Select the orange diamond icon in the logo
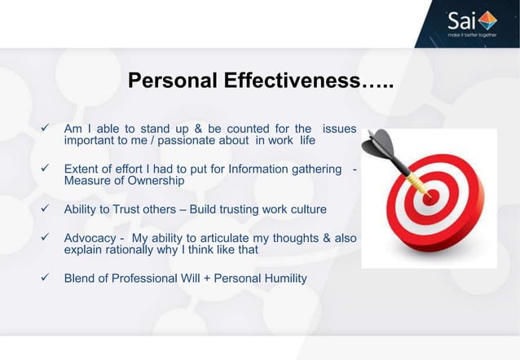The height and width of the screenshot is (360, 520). pyautogui.click(x=486, y=18)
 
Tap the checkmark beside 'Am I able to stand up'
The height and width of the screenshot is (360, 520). pyautogui.click(x=47, y=129)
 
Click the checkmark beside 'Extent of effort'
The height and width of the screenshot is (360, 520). pyautogui.click(x=47, y=169)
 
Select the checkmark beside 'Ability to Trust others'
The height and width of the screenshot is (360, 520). pyautogui.click(x=47, y=209)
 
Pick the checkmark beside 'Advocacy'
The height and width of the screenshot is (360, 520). pyautogui.click(x=47, y=238)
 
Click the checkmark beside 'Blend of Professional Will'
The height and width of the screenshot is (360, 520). pyautogui.click(x=47, y=279)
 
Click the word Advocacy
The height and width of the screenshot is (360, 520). pyautogui.click(x=90, y=238)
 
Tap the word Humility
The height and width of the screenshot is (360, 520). pyautogui.click(x=283, y=279)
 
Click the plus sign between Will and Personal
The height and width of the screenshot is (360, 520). pyautogui.click(x=206, y=279)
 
